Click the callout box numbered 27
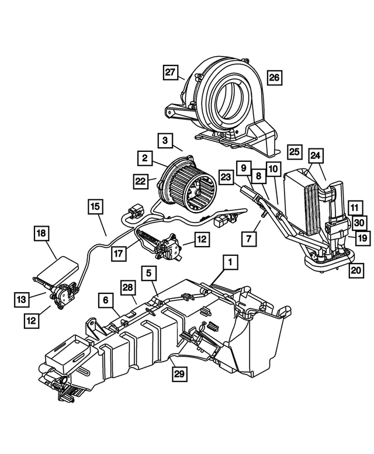click(x=170, y=72)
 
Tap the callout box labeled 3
click(x=165, y=140)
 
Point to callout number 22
click(x=140, y=182)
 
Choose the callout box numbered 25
click(x=295, y=151)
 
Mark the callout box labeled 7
click(x=249, y=238)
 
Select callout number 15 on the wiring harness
click(x=96, y=206)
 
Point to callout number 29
click(x=179, y=371)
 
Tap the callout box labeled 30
click(x=359, y=223)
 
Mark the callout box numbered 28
click(x=128, y=287)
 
